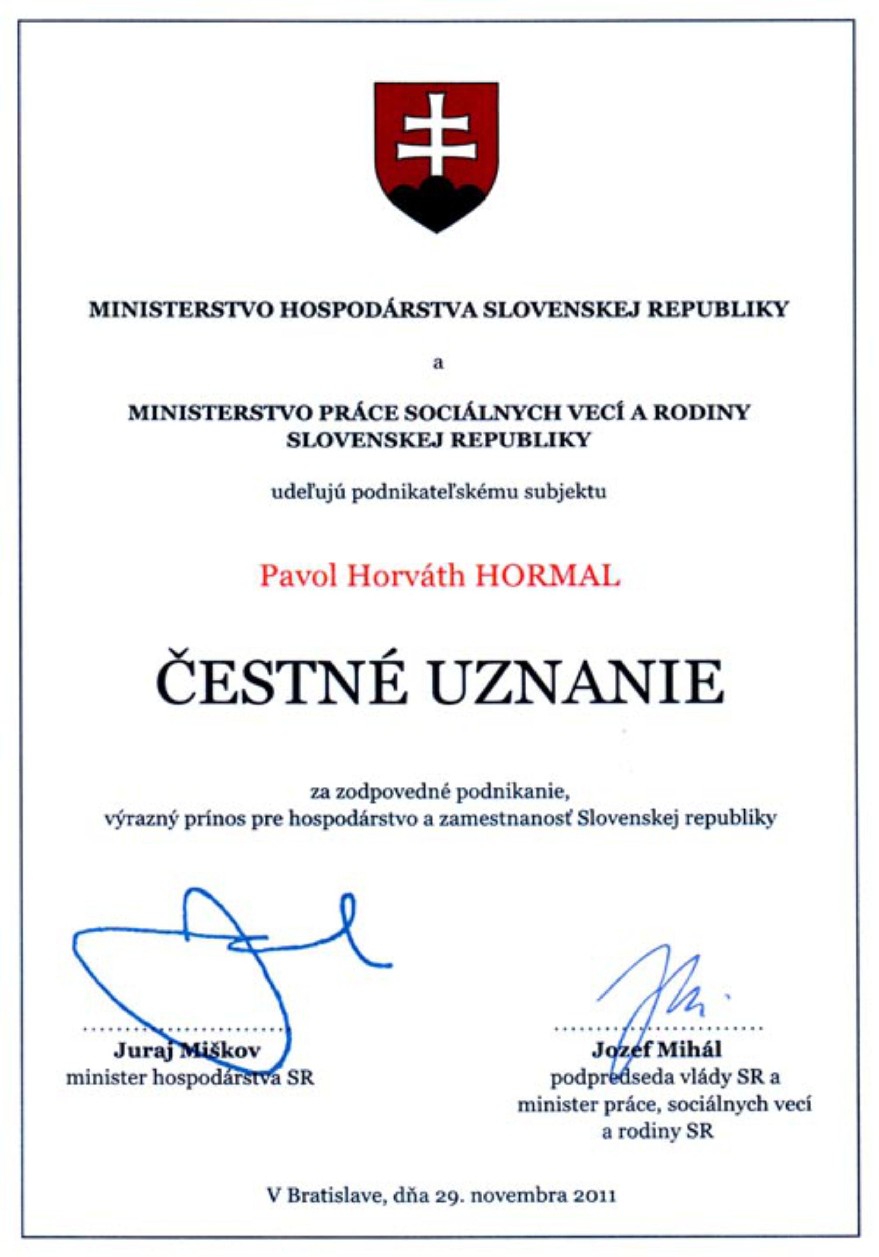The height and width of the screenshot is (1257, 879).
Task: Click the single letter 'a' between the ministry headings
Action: (438, 363)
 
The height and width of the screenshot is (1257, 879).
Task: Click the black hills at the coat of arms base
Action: (436, 202)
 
